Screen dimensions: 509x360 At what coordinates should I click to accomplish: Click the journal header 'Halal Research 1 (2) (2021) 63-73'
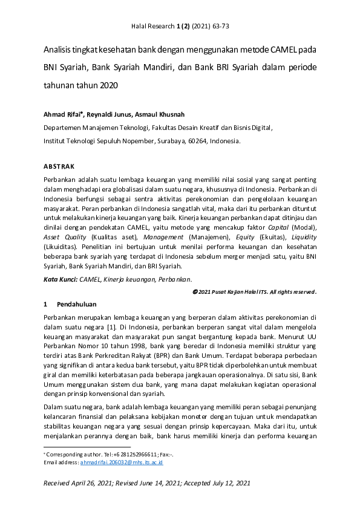[x=180, y=27]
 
